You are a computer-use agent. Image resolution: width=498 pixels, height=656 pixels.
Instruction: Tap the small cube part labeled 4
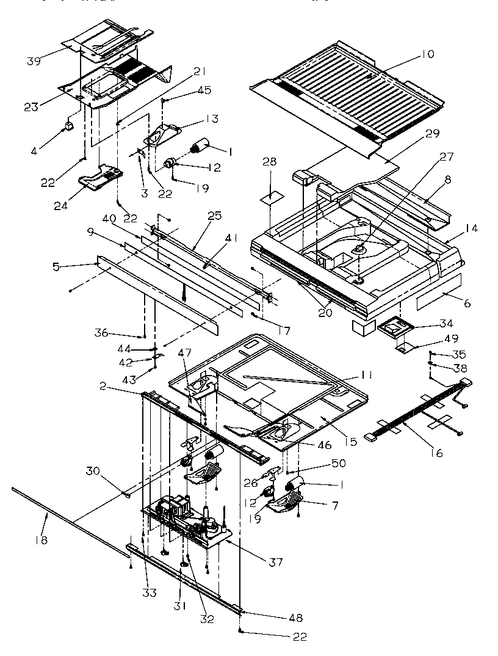[x=69, y=125]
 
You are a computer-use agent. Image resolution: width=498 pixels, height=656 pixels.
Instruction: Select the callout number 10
[x=427, y=54]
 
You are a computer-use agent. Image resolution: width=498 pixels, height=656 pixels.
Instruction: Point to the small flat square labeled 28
[x=269, y=198]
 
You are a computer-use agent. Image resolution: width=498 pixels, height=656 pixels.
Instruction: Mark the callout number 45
[x=187, y=90]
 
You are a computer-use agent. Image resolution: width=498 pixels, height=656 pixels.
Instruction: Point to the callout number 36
[x=101, y=333]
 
